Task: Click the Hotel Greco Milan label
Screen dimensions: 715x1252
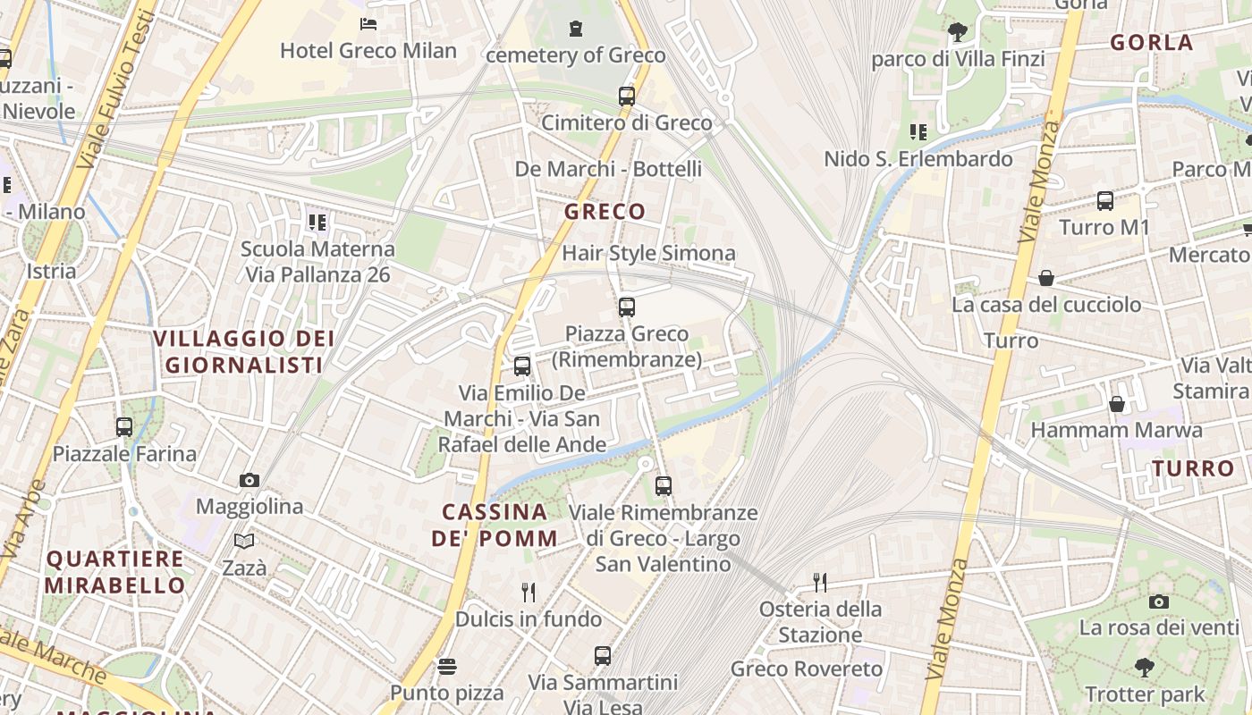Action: [368, 51]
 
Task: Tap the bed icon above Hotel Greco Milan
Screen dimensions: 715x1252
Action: [368, 24]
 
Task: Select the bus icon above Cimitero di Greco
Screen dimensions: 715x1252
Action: [626, 97]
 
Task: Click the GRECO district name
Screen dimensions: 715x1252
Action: [605, 212]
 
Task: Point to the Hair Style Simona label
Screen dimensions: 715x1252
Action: [648, 254]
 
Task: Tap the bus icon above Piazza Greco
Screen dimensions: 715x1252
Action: [626, 307]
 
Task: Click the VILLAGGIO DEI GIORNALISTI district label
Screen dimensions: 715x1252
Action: [243, 352]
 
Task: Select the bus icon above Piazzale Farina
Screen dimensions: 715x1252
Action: [123, 427]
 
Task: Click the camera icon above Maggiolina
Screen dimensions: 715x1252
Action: [250, 481]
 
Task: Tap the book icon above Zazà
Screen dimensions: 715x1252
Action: [244, 541]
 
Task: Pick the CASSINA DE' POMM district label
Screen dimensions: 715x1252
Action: [495, 526]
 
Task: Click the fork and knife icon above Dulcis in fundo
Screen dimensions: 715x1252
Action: [529, 592]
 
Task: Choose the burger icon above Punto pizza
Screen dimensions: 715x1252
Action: [446, 667]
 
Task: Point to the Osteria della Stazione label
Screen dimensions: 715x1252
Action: [820, 622]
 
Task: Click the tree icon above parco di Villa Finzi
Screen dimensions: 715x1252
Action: [957, 33]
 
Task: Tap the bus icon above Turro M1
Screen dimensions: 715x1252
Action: [1104, 201]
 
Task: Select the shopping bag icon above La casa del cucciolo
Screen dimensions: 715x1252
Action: [1045, 279]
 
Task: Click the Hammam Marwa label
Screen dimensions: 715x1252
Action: [1116, 431]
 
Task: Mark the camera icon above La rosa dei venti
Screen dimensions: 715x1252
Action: [1159, 601]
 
